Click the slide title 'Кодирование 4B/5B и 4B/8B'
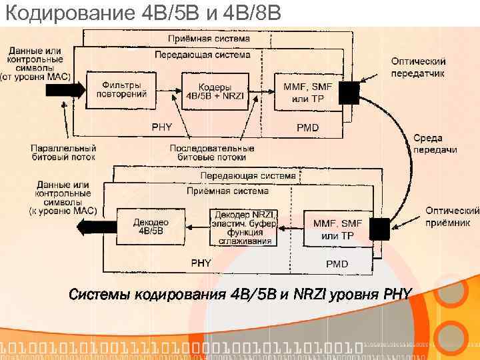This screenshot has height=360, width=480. coord(146,13)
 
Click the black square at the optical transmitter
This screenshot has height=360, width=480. coord(350,93)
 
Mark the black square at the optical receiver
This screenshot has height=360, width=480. coord(381,228)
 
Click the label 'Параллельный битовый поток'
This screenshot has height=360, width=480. coord(64,152)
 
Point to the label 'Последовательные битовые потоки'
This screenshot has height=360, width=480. coord(212,152)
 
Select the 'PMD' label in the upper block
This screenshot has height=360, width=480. coord(307,127)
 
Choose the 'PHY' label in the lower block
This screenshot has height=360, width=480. coord(201,263)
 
